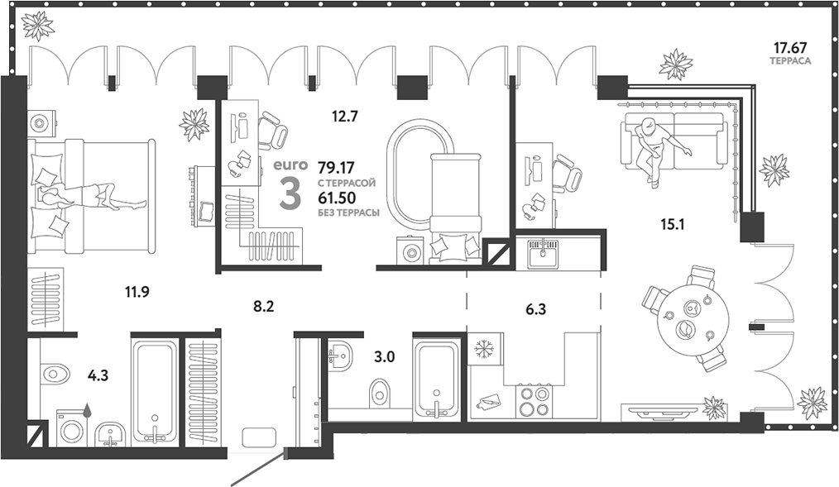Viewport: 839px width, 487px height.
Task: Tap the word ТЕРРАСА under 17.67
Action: pyautogui.click(x=789, y=62)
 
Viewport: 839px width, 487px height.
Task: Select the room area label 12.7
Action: pyautogui.click(x=344, y=117)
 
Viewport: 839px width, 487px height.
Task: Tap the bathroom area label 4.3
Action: pyautogui.click(x=98, y=375)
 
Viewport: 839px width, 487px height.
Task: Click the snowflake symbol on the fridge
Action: pyautogui.click(x=482, y=350)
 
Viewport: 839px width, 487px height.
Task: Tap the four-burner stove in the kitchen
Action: pyautogui.click(x=532, y=402)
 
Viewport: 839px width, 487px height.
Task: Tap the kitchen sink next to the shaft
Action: pyautogui.click(x=543, y=251)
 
